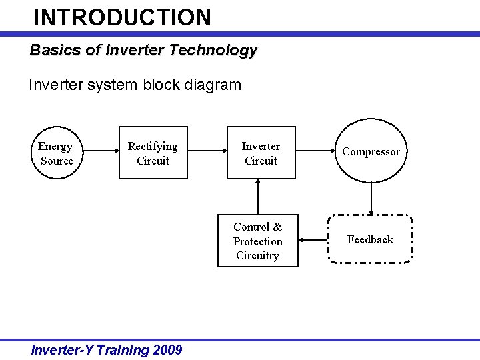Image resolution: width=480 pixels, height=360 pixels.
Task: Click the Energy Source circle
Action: pyautogui.click(x=57, y=153)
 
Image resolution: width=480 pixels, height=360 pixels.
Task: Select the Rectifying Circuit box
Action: pyautogui.click(x=153, y=153)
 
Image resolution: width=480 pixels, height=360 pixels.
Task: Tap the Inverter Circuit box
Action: pyautogui.click(x=261, y=153)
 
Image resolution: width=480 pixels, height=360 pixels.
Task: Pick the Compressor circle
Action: pyautogui.click(x=371, y=151)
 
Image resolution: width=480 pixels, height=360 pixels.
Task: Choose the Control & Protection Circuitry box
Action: pyautogui.click(x=257, y=241)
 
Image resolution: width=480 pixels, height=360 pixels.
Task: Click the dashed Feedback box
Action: pyautogui.click(x=370, y=239)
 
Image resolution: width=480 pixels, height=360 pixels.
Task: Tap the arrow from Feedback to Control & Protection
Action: pyautogui.click(x=313, y=239)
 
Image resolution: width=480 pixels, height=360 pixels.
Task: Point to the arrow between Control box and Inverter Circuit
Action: pyautogui.click(x=258, y=197)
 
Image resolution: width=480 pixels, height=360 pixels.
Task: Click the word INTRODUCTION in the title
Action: pyautogui.click(x=122, y=17)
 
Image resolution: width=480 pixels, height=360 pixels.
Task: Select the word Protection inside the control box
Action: pyautogui.click(x=257, y=241)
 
